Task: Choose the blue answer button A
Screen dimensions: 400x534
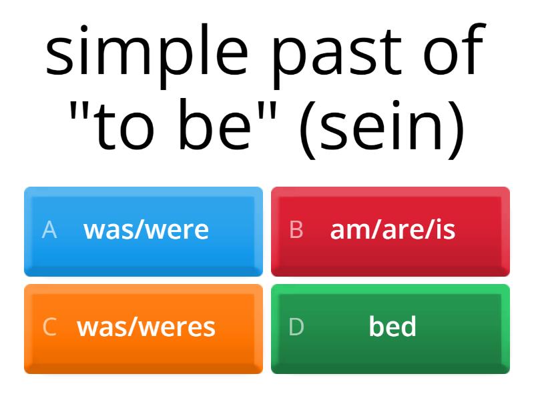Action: point(144,231)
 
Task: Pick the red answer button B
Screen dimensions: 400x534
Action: point(390,231)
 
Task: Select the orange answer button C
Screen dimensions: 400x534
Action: point(144,329)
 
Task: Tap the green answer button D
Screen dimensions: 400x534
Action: point(390,329)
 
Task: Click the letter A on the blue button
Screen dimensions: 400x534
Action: point(49,230)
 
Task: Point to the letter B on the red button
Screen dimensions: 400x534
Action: point(296,230)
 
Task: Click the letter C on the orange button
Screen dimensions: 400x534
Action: point(49,327)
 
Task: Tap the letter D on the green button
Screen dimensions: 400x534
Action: point(296,327)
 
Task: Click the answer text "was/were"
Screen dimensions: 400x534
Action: point(146,230)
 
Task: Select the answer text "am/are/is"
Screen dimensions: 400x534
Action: point(392,230)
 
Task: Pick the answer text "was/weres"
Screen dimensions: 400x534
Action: point(146,327)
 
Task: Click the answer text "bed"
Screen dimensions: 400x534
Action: point(392,327)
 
